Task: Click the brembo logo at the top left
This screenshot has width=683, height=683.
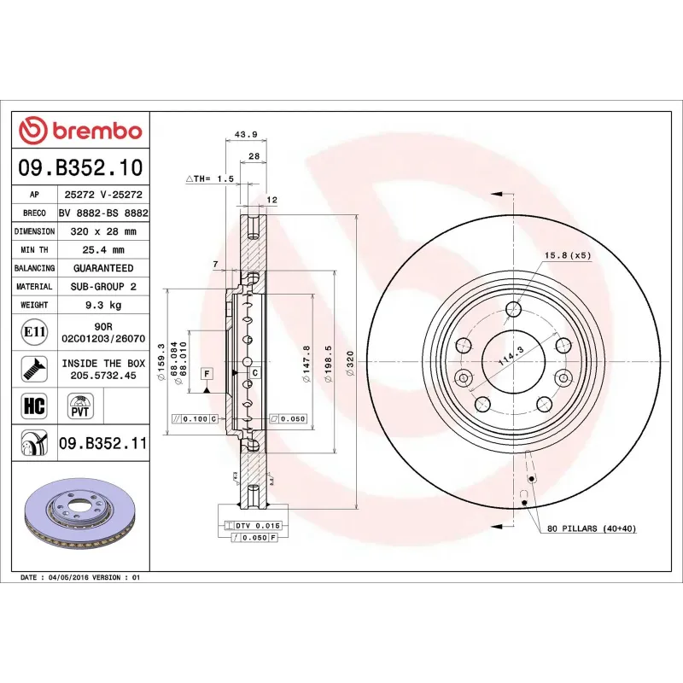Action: [x=80, y=130]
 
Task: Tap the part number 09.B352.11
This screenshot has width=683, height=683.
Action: [x=103, y=443]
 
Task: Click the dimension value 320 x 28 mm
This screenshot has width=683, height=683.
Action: [x=103, y=231]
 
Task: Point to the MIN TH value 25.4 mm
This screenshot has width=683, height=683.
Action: [x=103, y=250]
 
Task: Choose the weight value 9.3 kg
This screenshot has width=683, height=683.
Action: [x=103, y=305]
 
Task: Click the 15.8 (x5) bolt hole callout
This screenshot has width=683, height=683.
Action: [x=568, y=255]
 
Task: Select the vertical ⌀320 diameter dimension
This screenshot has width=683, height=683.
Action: [x=349, y=363]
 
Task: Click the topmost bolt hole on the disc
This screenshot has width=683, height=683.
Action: [x=513, y=309]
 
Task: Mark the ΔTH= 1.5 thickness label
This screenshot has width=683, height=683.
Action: [x=209, y=178]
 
